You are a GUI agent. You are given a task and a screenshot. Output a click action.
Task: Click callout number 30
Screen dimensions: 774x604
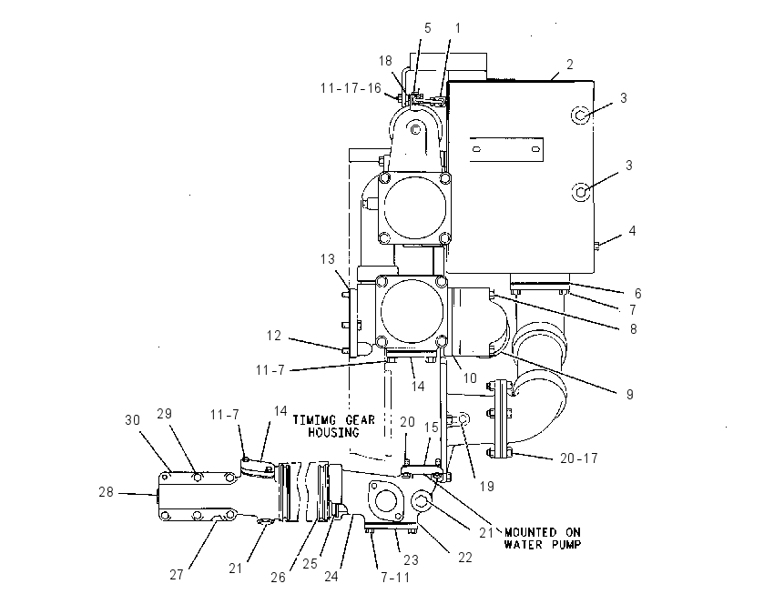pos(132,420)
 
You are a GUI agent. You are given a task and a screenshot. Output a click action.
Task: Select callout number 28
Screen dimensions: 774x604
pos(106,492)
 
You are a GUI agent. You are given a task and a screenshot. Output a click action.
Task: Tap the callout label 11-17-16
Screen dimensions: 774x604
pos(351,88)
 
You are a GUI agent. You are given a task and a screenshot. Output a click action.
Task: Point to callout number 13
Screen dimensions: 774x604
pos(327,259)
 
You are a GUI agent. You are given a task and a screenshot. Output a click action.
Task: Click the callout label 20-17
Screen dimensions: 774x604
pos(578,458)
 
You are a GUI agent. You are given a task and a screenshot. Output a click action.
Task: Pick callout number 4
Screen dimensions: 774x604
pos(632,231)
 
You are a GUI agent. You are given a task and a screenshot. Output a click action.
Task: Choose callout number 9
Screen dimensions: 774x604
pos(629,395)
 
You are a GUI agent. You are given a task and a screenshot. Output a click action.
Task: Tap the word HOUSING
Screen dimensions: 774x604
pos(333,432)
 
